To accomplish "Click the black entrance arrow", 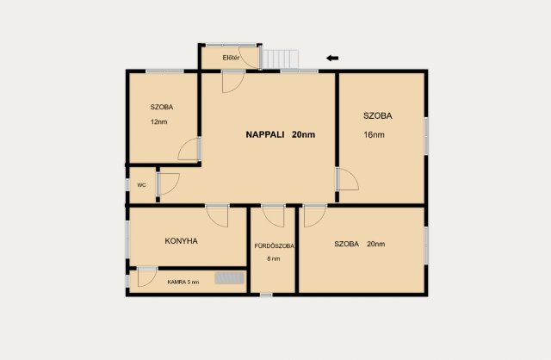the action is (x=332, y=59).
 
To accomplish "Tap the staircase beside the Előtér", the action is (x=281, y=59).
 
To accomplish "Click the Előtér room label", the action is (x=231, y=58).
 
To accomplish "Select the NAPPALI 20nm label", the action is (x=281, y=134).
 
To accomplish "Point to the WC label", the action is (x=141, y=185).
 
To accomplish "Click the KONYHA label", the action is (x=182, y=241).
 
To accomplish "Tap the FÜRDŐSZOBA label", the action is (x=274, y=246).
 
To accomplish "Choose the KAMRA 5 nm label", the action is (x=183, y=282).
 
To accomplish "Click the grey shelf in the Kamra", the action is (x=230, y=277).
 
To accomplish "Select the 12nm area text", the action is (x=158, y=122).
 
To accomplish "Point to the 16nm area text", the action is (x=374, y=134).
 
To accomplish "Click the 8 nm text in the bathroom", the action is (x=274, y=258).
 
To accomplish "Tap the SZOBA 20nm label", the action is (x=360, y=244).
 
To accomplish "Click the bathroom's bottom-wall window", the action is (x=266, y=295).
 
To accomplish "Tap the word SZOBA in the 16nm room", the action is (x=378, y=115).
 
